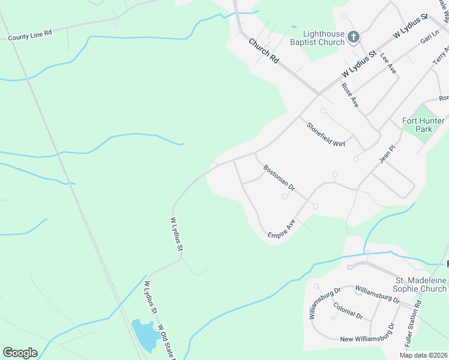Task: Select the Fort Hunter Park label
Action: [x=423, y=125]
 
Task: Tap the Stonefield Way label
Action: [x=327, y=134]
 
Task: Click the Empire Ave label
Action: [x=282, y=229]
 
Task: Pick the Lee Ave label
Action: [x=388, y=63]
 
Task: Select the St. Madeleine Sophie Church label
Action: [x=420, y=284]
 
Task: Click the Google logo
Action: [x=20, y=353]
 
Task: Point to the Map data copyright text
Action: [x=423, y=355]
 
